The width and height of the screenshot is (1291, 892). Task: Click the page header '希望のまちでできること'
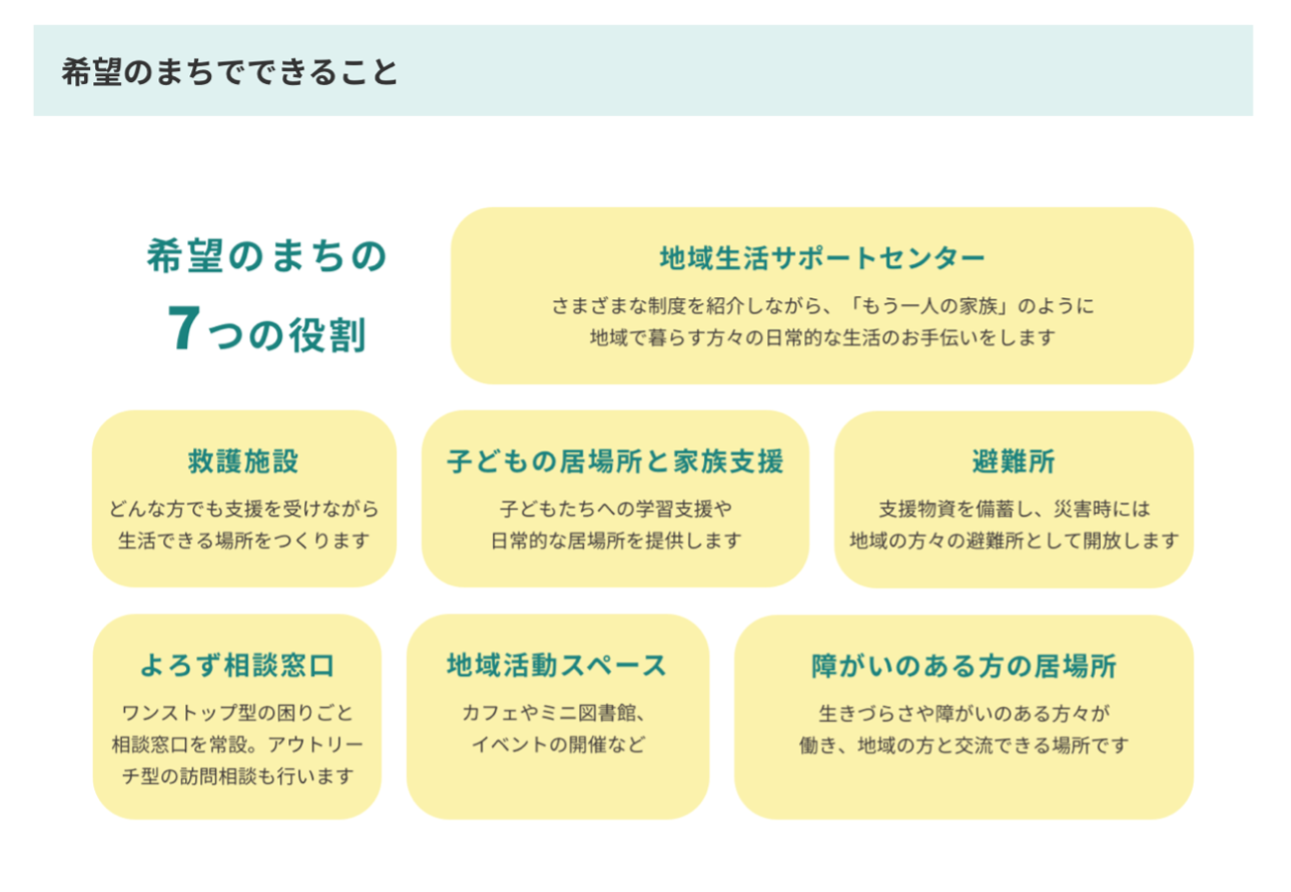[230, 72]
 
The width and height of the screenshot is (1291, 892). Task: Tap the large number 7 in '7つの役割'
[184, 328]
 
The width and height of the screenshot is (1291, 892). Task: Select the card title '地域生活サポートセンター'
[822, 257]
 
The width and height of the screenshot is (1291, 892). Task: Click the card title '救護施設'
[244, 461]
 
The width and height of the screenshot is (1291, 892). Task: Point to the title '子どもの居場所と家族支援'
[615, 461]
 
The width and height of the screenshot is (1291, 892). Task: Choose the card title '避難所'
[1013, 461]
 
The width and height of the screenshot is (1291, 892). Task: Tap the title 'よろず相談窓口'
[237, 665]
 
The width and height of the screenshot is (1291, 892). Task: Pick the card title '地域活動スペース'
[556, 665]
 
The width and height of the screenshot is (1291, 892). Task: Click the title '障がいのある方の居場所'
[963, 665]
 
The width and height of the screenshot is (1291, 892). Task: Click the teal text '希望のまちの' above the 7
[266, 255]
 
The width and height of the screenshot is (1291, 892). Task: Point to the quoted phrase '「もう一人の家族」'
[929, 305]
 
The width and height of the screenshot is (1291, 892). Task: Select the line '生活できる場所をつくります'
[244, 541]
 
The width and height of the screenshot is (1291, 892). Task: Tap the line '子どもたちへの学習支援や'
[616, 508]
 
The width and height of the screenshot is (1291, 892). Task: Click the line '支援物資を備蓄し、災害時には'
[1014, 508]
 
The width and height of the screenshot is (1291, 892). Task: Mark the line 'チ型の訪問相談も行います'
[238, 776]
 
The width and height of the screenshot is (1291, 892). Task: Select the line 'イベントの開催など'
[558, 744]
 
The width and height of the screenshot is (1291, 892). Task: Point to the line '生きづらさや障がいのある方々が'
[963, 714]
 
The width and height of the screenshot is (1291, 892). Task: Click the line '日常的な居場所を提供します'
[616, 541]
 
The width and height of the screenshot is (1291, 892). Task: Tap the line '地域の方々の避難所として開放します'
[1014, 541]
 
